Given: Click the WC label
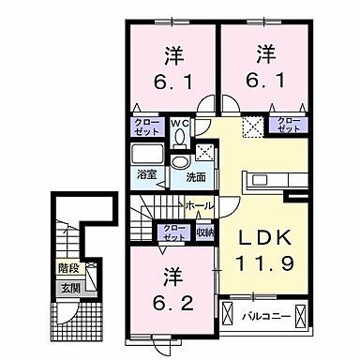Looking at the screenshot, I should coord(180,120).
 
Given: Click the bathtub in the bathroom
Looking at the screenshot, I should coord(148,156).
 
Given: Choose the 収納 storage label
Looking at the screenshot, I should coord(203,231).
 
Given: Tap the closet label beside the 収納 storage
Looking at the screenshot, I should coord(174,232).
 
